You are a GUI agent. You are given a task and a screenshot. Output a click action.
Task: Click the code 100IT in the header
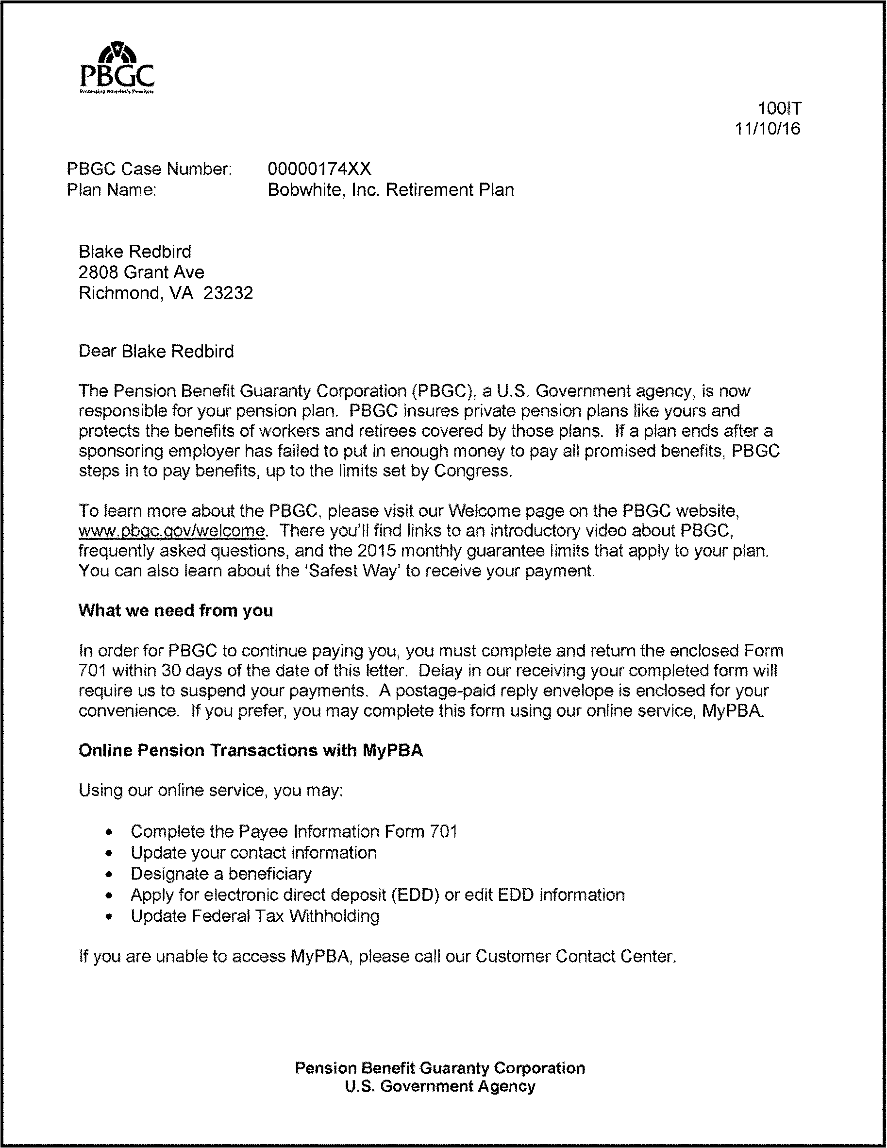click(779, 108)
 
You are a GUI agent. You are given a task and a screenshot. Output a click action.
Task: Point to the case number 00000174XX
click(319, 169)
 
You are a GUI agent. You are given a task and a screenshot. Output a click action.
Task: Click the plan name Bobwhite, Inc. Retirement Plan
click(390, 190)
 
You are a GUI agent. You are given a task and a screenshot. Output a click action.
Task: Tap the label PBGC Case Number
click(149, 169)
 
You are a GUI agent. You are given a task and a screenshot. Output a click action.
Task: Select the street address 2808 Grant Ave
click(141, 272)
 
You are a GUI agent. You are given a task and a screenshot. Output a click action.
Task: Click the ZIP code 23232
click(228, 293)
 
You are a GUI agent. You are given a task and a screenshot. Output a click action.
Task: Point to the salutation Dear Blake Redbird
click(156, 351)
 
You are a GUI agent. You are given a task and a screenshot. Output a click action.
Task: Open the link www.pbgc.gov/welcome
click(172, 531)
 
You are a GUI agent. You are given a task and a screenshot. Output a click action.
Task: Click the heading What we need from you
click(176, 610)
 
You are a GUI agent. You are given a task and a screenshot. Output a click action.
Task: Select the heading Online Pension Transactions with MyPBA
click(250, 750)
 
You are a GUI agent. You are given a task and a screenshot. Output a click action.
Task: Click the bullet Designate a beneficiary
click(221, 874)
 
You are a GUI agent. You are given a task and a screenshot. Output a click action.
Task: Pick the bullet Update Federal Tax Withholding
click(255, 916)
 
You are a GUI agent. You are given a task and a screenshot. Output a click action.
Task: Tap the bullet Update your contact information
click(253, 853)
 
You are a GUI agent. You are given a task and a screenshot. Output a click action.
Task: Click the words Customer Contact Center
click(575, 956)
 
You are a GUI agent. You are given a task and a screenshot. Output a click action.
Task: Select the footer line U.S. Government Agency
click(440, 1086)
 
